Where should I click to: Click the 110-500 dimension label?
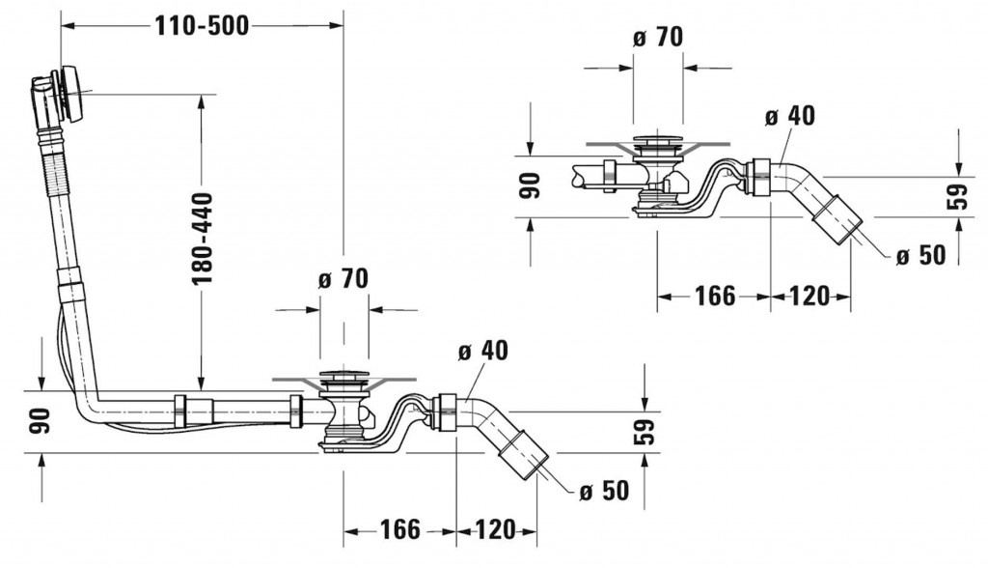coord(202,27)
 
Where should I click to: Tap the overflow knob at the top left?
coord(69,92)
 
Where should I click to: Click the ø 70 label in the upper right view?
coord(658,38)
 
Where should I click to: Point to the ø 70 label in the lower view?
coord(343,280)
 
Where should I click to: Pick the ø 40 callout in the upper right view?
coord(789,116)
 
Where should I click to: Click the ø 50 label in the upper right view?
coord(919,255)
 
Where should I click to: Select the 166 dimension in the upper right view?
coord(714,297)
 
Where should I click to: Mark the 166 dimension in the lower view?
coord(399,529)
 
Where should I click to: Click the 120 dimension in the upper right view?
coord(809,297)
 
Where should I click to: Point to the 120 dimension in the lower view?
coord(494,529)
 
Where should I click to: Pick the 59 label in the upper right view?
coord(956,197)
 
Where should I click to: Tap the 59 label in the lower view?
coord(644,431)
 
